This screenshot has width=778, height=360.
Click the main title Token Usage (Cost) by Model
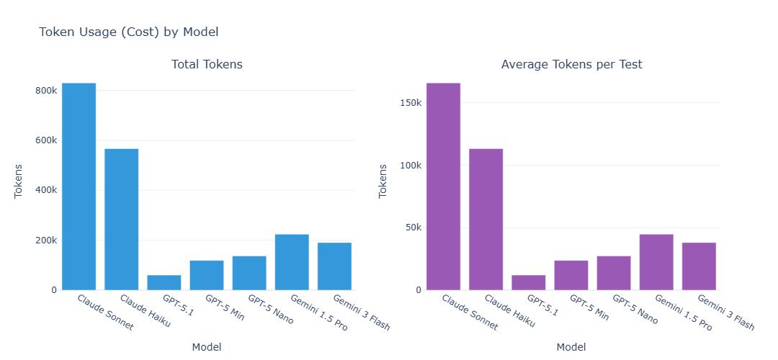(128, 32)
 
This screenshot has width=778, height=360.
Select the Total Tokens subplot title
(207, 65)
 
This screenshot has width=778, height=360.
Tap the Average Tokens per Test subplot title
(571, 65)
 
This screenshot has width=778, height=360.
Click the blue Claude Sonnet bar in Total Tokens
(79, 186)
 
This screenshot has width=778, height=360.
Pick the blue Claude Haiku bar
(121, 220)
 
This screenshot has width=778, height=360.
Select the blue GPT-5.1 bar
(164, 282)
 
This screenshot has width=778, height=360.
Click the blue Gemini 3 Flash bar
(334, 266)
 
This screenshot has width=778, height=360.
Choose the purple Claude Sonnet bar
(443, 186)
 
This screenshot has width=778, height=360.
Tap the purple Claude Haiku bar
(486, 220)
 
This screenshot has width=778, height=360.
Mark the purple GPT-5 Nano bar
(614, 273)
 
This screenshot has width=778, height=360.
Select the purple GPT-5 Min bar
(571, 275)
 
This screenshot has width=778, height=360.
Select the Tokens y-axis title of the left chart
(19, 181)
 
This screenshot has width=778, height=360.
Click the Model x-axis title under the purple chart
(571, 347)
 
